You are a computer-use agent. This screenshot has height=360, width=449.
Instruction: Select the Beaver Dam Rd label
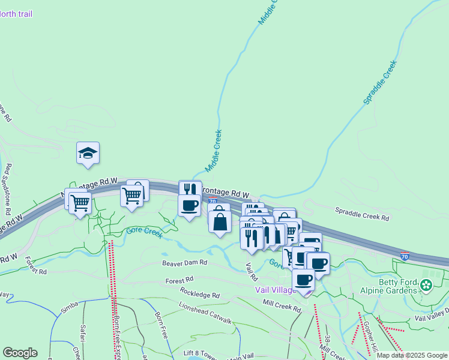point(184,263)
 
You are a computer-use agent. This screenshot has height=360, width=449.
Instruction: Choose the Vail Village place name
point(277,290)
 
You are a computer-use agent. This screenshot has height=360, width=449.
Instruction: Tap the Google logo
point(19,353)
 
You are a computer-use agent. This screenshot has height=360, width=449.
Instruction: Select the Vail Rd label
point(252,271)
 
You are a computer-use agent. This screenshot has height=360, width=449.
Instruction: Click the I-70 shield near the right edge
point(406,256)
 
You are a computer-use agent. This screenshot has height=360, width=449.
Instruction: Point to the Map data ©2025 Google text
point(412,355)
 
